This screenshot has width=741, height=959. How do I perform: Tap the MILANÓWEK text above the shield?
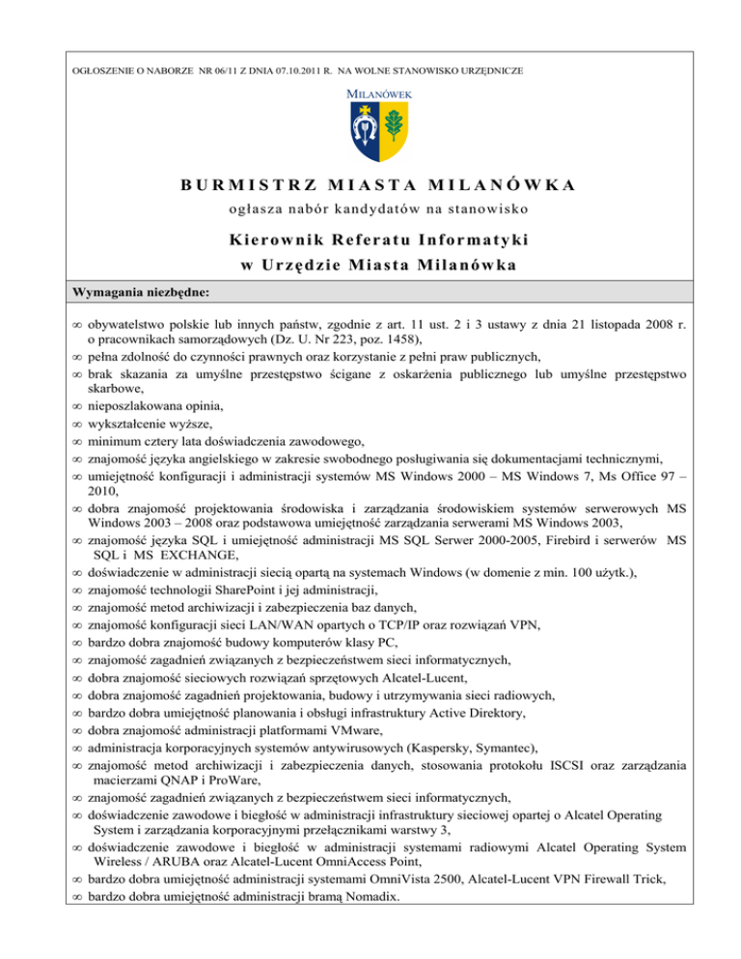pyautogui.click(x=371, y=94)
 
